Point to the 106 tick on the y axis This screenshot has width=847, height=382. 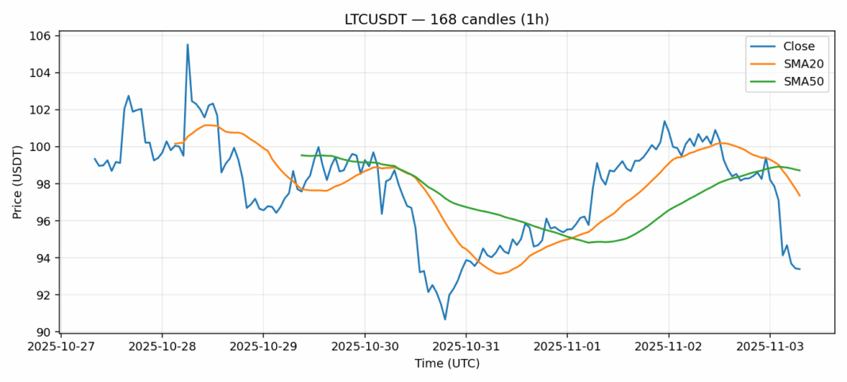tap(42, 36)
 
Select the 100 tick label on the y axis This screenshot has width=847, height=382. tap(42, 147)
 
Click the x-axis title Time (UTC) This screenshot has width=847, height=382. tap(446, 364)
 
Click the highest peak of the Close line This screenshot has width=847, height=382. tap(187, 44)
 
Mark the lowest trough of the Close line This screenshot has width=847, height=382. tap(445, 319)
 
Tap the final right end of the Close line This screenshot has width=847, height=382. tap(799, 269)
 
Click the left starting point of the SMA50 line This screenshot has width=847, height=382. tap(301, 155)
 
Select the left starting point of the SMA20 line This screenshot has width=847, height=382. tap(174, 143)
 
